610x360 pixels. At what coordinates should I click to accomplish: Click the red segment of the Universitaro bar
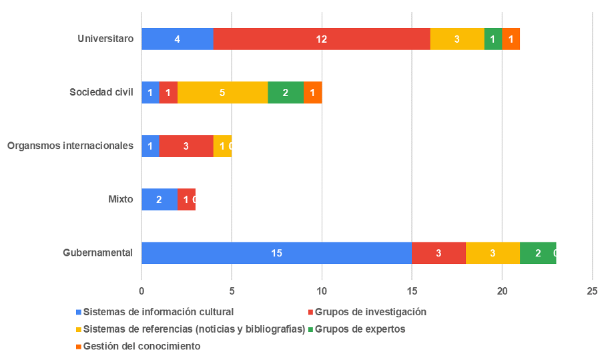pos(322,39)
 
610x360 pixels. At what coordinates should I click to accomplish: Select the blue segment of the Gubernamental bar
pos(276,252)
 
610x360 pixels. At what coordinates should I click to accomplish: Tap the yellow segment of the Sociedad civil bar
pos(222,92)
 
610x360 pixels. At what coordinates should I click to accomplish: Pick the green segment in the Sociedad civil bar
pos(285,92)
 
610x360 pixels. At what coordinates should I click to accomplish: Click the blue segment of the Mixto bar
pos(159,199)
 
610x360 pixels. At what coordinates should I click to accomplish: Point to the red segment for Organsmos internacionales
pos(186,146)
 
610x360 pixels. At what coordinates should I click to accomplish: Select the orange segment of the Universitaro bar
pos(511,39)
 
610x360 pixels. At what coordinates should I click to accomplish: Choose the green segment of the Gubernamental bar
pos(538,252)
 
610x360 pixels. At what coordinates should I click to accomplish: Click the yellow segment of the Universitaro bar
pos(456,39)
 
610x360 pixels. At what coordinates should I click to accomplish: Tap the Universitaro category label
pos(105,39)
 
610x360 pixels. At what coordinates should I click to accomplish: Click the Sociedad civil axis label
pos(101,92)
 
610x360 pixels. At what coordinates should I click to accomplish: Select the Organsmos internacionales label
pos(70,146)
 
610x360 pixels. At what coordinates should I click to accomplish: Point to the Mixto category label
pos(121,199)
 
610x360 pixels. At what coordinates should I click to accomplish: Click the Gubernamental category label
pos(97,252)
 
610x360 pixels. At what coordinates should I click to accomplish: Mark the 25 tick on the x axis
pos(592,291)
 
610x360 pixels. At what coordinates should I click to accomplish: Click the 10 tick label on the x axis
pos(322,291)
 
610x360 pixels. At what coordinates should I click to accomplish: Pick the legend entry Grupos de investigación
pos(370,311)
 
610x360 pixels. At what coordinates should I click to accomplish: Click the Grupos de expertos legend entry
pos(360,329)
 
